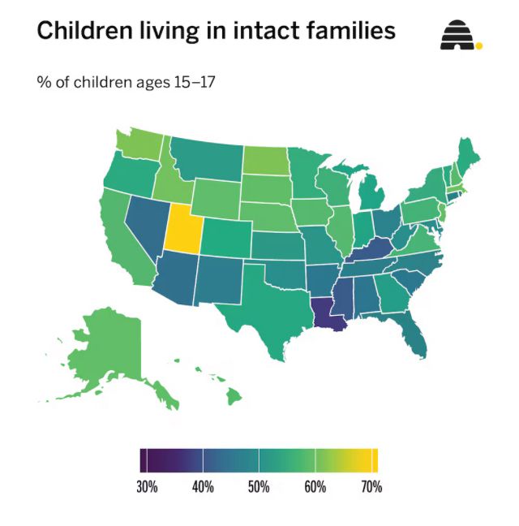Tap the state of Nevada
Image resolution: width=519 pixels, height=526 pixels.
[x=146, y=223]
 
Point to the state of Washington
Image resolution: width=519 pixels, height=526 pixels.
[x=138, y=144]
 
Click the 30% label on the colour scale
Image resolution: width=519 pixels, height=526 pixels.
[x=146, y=487]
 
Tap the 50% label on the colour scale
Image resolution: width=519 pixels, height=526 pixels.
[x=258, y=487]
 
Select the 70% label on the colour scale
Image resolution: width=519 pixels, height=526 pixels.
[x=371, y=487]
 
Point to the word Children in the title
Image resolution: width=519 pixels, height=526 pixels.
[x=84, y=31]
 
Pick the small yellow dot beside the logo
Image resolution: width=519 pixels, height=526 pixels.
[x=478, y=45]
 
